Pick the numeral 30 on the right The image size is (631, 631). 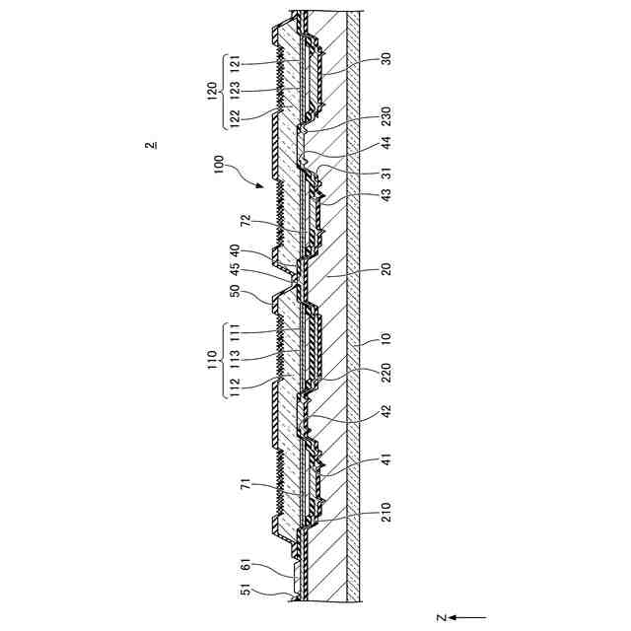386,58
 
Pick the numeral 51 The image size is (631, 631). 245,592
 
